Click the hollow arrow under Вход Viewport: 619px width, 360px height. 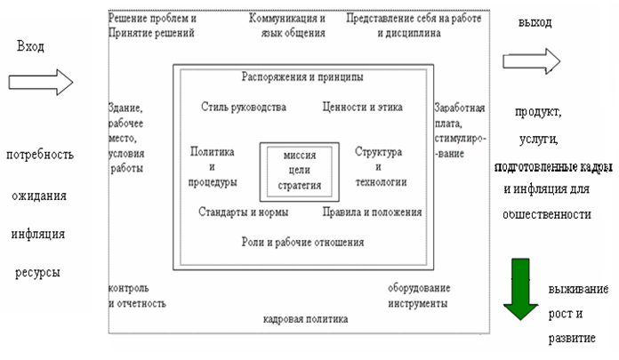point(39,83)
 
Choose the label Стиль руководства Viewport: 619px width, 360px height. point(244,107)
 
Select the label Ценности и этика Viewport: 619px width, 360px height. point(362,107)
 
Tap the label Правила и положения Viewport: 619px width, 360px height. point(372,212)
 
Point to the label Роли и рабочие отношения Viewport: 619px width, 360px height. point(302,242)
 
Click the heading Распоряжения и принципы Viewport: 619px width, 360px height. point(303,76)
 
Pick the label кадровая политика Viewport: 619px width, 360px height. point(306,318)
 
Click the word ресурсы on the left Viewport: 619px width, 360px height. point(37,271)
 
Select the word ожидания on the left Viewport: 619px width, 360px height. point(39,196)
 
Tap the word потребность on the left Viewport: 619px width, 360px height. point(39,156)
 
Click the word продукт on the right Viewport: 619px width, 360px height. point(535,113)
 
